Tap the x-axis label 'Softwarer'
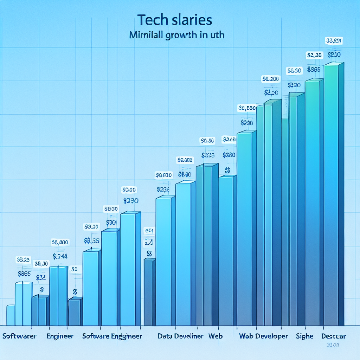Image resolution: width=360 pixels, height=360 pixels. (19, 336)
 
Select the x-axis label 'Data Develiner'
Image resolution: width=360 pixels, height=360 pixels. (180, 336)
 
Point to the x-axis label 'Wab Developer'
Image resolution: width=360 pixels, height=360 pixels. (263, 336)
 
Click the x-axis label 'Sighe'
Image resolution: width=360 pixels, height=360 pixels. (304, 336)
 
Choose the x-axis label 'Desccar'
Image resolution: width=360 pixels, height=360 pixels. (334, 336)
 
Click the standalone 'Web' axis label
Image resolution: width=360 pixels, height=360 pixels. (216, 336)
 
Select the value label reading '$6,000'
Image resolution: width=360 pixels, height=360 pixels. (60, 242)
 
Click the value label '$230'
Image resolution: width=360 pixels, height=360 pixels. (131, 201)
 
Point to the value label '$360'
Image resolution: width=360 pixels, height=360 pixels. (229, 155)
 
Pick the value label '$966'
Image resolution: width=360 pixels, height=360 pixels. (313, 70)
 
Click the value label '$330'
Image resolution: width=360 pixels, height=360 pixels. (294, 85)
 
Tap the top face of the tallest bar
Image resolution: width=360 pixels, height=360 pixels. (333, 64)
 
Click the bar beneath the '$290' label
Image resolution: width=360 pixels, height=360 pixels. (245, 229)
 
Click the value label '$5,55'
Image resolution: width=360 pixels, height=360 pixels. (92, 241)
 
